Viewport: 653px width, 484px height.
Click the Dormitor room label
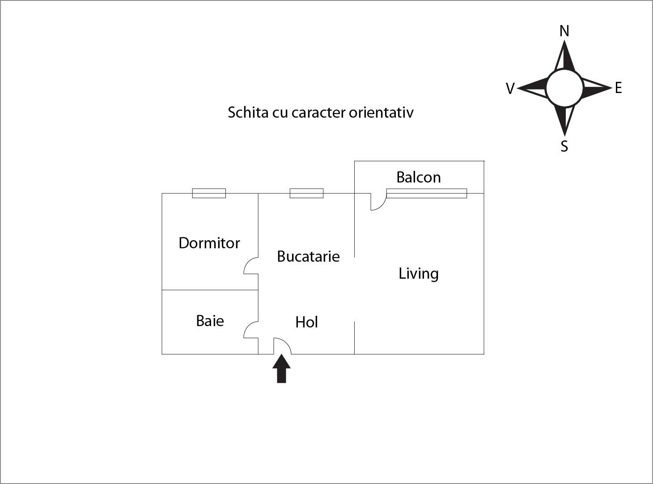coord(209,243)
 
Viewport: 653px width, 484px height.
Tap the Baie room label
coord(210,321)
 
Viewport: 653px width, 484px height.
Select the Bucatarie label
coord(308,256)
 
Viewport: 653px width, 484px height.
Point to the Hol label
coord(306,322)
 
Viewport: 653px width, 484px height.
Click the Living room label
coord(418,273)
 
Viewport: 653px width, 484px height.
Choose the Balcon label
coord(418,177)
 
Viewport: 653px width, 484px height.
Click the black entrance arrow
coord(281,369)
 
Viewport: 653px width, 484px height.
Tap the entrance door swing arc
coord(284,344)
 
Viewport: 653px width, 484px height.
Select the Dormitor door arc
coord(250,266)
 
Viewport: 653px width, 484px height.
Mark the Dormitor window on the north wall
coord(209,193)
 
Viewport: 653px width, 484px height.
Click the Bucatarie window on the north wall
coord(306,193)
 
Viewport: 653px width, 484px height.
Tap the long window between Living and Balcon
coord(426,193)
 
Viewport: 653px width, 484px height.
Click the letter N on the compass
coord(564,31)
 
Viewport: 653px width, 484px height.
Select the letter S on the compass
coord(564,146)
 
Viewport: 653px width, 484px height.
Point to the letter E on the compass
coord(618,88)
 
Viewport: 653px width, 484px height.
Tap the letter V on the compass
coord(510,89)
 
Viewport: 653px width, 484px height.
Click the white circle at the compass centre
coord(564,88)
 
